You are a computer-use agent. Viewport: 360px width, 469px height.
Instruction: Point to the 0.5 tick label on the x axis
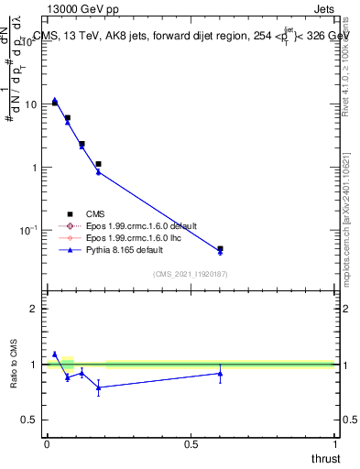[x=191, y=443]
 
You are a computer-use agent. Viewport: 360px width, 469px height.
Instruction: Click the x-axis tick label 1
[x=334, y=443]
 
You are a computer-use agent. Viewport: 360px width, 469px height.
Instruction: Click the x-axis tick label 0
[x=47, y=443]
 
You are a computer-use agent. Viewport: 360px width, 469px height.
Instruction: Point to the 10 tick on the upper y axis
[x=29, y=104]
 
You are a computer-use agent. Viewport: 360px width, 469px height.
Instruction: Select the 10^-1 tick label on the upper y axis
[x=27, y=230]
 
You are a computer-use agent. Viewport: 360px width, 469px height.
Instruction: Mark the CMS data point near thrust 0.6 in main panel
[x=220, y=248]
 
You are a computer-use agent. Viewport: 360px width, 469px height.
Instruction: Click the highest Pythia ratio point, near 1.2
[x=55, y=354]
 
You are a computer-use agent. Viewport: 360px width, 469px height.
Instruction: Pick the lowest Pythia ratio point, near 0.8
[x=98, y=387]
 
